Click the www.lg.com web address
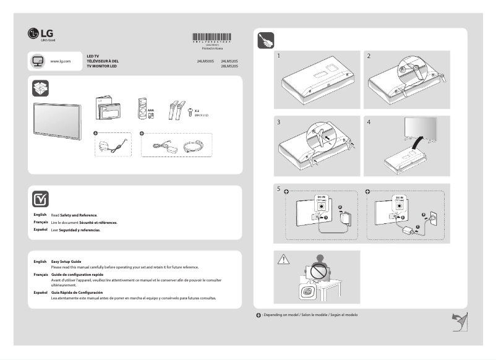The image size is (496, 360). (x=60, y=62)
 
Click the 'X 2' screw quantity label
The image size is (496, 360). (x=197, y=109)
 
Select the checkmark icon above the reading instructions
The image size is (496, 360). (x=39, y=199)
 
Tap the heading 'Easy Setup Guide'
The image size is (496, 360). (x=66, y=262)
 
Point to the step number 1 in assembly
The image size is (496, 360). (x=279, y=56)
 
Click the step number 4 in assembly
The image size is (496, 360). (x=369, y=122)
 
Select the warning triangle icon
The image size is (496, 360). (x=283, y=259)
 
